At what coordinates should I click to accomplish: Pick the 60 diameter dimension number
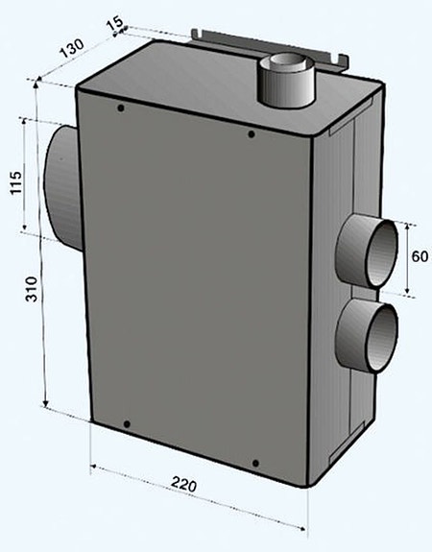coord(419,256)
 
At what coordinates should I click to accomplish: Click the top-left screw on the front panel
coord(120,108)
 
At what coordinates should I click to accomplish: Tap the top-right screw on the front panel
coord(252,133)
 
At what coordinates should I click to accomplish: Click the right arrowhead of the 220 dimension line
coord(306,526)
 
